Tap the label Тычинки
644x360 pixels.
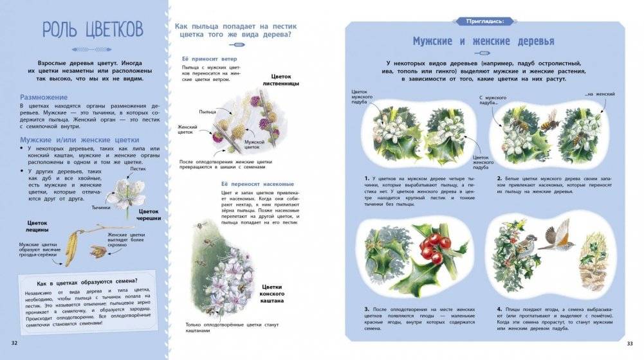(100, 208)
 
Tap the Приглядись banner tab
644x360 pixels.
(489, 21)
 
